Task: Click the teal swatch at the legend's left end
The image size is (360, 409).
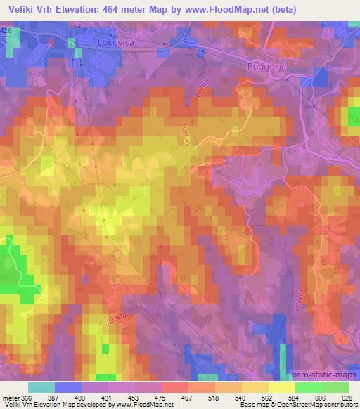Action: click(x=41, y=387)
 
